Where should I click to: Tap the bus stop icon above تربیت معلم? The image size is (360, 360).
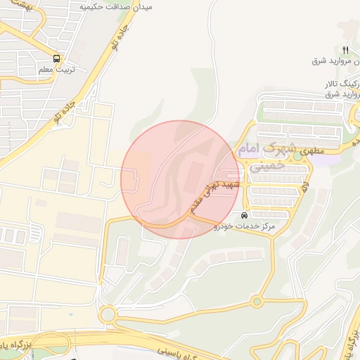pos(56,59)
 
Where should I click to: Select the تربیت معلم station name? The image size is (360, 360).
pos(56,70)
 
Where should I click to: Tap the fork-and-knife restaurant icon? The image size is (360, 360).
pos(345,49)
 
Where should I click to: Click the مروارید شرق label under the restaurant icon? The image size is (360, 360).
pos(335,60)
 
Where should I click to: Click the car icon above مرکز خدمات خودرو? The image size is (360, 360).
pos(244,215)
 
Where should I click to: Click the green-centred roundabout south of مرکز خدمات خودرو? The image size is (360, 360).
pos(257,302)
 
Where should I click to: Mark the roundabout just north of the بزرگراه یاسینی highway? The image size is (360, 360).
pos(110,314)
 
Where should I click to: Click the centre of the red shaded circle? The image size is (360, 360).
pos(180,179)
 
